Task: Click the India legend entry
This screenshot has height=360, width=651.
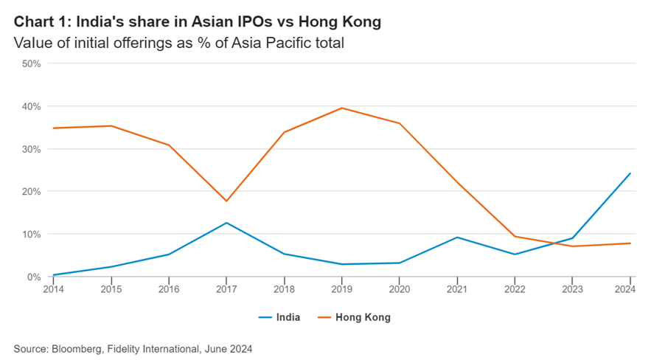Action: pos(279,318)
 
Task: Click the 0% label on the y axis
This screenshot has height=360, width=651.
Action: pos(33,277)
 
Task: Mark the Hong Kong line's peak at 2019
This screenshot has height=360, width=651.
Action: pos(341,108)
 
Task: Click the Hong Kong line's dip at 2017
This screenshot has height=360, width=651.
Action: pos(226,201)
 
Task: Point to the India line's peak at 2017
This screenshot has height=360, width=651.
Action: pos(226,223)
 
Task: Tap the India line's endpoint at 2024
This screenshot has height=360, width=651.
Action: pos(630,173)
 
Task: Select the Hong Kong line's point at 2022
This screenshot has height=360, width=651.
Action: pos(515,236)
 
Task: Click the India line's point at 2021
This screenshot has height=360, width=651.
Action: pos(457,238)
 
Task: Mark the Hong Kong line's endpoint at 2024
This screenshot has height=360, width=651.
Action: pos(630,243)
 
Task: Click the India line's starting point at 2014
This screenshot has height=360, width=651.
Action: pos(53,275)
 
